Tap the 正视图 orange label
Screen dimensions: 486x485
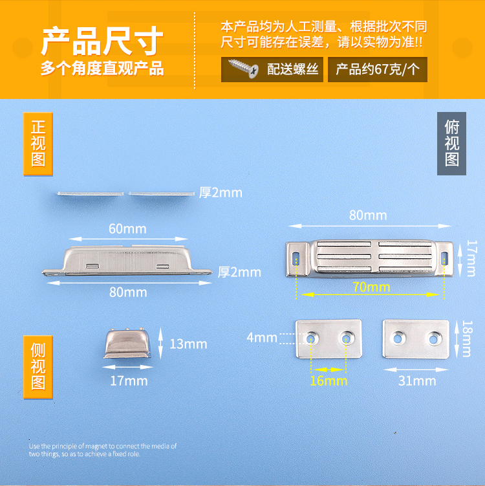(38, 144)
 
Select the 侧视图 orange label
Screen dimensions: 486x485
(38, 366)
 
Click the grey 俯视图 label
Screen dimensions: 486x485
(451, 144)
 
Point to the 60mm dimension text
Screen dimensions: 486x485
(127, 228)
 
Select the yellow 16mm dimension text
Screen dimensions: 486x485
(329, 381)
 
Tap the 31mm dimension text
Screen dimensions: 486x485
(417, 381)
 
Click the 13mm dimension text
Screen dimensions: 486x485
(188, 344)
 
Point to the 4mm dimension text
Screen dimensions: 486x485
(261, 337)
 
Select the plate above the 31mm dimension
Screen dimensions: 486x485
(416, 338)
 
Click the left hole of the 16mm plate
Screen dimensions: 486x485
(314, 338)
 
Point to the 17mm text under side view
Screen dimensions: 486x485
(128, 381)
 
